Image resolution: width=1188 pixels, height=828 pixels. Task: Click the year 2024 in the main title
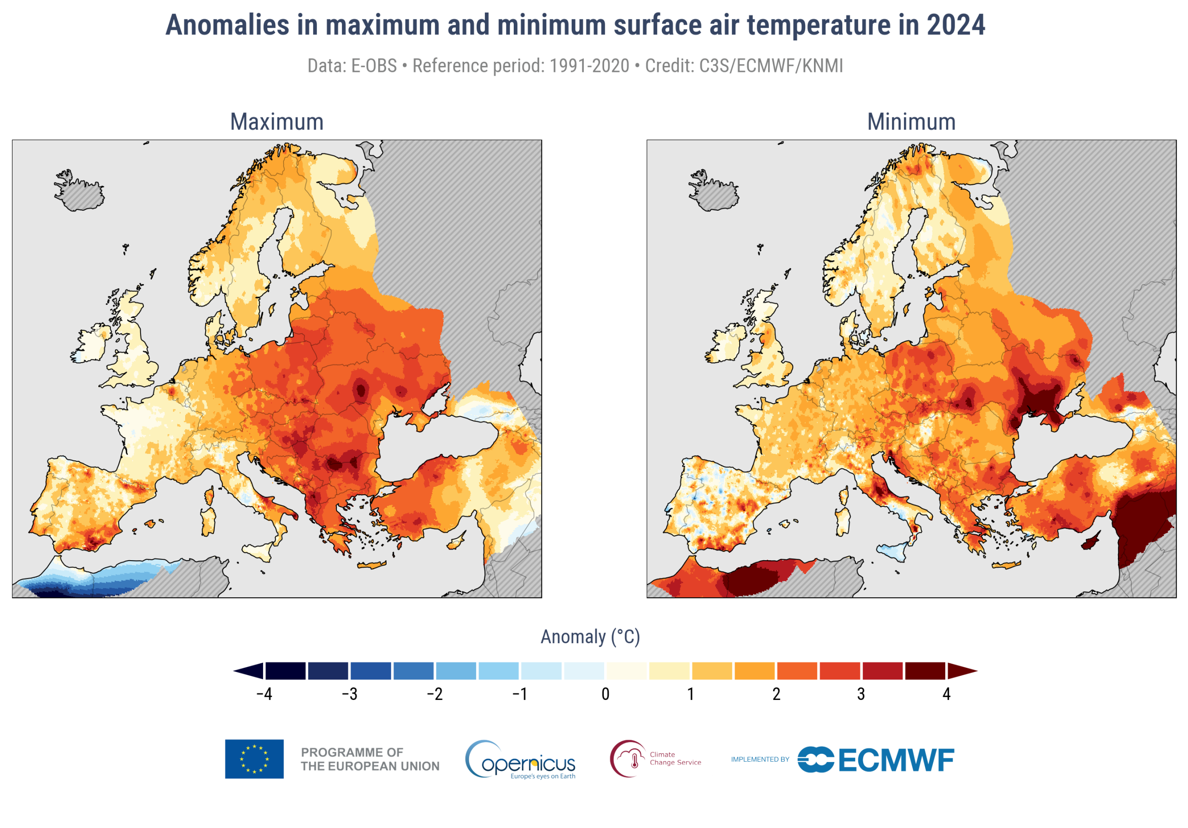click(x=956, y=25)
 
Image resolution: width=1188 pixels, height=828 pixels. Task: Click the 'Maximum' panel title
click(x=277, y=122)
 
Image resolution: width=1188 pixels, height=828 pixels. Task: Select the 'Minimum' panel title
click(x=911, y=122)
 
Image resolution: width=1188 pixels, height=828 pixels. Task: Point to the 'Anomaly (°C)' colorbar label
click(x=590, y=636)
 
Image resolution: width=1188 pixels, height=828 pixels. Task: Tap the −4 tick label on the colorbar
click(x=264, y=694)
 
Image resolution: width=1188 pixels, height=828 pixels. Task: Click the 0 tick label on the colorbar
click(x=606, y=694)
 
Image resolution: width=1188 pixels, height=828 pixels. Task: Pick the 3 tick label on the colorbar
click(x=861, y=694)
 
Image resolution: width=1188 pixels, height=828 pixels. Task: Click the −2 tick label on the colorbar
click(x=435, y=694)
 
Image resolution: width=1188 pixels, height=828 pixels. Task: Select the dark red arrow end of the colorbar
click(x=962, y=671)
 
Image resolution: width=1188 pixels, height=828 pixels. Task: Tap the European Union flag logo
click(x=254, y=759)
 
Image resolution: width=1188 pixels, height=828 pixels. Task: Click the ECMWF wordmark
click(x=896, y=760)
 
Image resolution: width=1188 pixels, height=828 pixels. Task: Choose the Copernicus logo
click(x=521, y=760)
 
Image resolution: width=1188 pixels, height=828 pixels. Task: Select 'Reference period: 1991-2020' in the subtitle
click(x=521, y=66)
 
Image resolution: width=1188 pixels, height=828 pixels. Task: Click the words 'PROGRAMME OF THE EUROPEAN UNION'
click(x=370, y=759)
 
